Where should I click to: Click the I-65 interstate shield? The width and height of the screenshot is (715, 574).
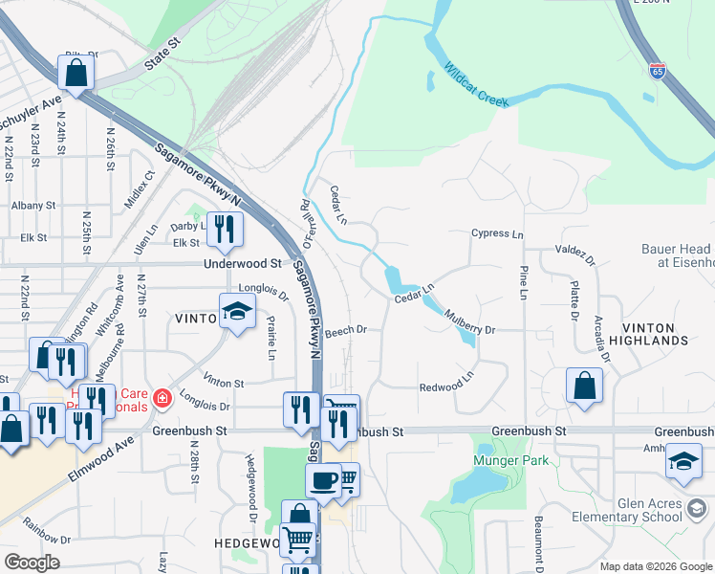point(657,71)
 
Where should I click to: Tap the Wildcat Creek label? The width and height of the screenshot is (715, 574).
point(475,84)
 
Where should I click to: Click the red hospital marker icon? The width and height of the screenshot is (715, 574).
point(162,397)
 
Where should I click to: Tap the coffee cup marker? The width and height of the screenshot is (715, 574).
point(323,479)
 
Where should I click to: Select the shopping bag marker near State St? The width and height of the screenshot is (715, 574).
point(76,72)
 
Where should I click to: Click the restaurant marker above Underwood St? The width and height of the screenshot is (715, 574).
point(224,228)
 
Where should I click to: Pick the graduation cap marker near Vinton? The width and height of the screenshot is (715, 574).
point(237,310)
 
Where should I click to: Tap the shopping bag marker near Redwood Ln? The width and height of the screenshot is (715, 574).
point(583,386)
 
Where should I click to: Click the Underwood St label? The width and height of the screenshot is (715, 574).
point(243,263)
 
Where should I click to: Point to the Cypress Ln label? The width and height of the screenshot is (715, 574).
point(497,233)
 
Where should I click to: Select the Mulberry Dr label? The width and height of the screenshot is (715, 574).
point(469,329)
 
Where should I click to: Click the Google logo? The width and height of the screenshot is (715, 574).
point(32,563)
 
